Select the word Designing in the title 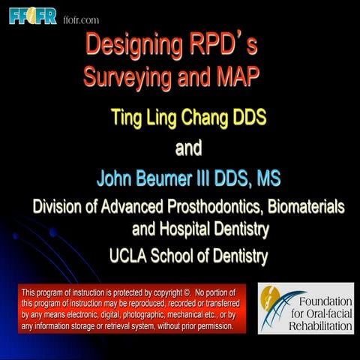pyautogui.click(x=131, y=45)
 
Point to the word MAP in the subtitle pyautogui.click(x=247, y=76)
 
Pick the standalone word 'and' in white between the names pyautogui.click(x=188, y=148)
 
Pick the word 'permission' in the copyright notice pyautogui.click(x=211, y=326)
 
